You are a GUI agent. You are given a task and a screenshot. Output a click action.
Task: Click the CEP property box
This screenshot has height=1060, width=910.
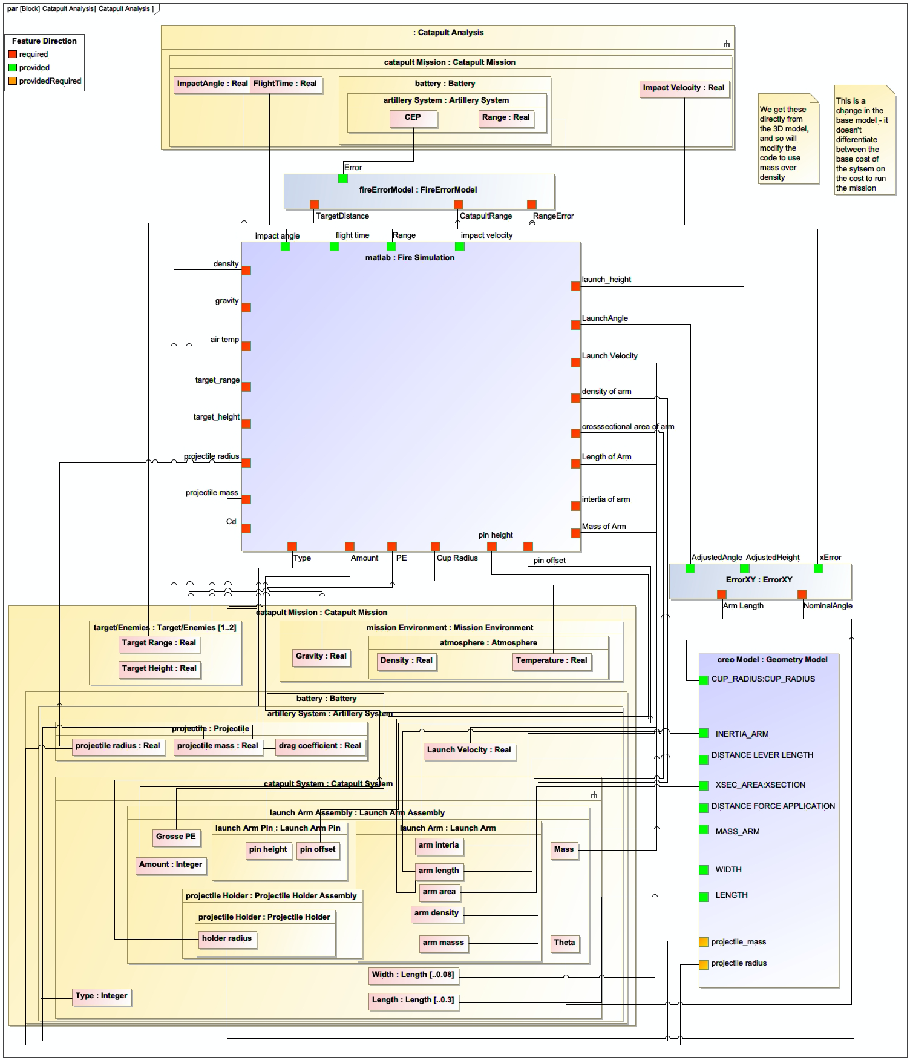point(413,118)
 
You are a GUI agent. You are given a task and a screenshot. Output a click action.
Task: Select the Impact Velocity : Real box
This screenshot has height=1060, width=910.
point(684,88)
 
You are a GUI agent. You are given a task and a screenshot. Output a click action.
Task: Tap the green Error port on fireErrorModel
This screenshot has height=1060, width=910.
point(343,179)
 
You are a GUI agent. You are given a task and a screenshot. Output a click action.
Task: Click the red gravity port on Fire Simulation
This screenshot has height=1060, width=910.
point(246,308)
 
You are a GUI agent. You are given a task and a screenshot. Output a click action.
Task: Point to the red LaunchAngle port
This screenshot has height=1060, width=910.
point(576,325)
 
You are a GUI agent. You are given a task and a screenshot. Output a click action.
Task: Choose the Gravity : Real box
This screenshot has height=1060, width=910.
point(321,657)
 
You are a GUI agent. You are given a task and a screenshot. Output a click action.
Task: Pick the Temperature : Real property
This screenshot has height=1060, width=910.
point(551,661)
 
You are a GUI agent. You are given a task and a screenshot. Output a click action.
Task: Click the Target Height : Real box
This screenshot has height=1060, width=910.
point(159,669)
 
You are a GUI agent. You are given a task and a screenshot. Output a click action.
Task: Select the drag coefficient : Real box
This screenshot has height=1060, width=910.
point(319,746)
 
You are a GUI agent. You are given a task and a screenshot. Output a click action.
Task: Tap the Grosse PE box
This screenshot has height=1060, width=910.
point(176,837)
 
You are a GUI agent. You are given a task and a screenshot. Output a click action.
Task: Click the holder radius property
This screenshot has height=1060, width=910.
point(227,939)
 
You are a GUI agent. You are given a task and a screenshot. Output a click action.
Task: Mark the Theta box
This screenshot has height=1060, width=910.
point(565,943)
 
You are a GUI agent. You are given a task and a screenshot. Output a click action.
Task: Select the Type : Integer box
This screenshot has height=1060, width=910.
point(102,996)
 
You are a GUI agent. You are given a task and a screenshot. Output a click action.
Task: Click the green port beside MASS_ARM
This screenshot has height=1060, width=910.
point(704,829)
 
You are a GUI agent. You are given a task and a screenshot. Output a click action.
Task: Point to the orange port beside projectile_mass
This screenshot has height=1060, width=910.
point(704,942)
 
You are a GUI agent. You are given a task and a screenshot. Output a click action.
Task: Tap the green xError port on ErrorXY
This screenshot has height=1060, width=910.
point(819,568)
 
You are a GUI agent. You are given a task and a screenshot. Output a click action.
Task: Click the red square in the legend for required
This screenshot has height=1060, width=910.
point(13,54)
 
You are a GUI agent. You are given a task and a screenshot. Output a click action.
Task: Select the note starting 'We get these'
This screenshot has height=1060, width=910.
point(788,139)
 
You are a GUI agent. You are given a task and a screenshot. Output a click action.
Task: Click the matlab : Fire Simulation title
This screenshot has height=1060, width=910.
point(410,258)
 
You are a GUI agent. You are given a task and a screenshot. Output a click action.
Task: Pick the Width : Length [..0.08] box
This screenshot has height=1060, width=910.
point(413,975)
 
